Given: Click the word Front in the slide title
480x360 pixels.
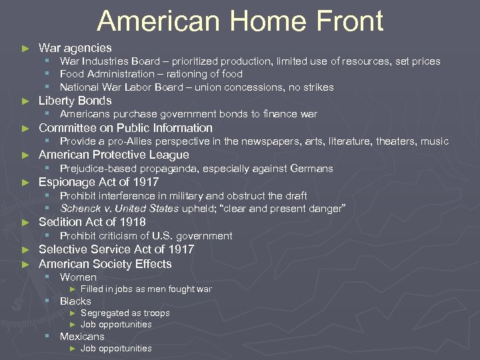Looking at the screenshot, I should click(344, 21).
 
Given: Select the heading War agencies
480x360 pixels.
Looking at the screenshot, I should click(75, 48).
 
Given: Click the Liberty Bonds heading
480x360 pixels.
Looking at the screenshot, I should click(75, 101).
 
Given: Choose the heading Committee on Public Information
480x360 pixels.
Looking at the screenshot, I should click(125, 128).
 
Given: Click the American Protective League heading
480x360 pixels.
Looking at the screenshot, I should click(113, 155).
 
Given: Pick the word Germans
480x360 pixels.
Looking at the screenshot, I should click(311, 169).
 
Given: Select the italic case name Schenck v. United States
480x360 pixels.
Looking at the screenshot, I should click(119, 209).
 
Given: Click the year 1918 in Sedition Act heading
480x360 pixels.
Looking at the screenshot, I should click(131, 222).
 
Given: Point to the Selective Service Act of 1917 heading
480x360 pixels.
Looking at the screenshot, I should click(116, 249).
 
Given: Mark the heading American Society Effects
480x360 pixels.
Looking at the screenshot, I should click(105, 264).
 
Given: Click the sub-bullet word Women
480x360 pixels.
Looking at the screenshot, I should click(78, 277).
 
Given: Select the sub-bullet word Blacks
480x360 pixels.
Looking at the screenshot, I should click(75, 301).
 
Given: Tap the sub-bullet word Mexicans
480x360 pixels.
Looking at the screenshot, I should click(82, 337).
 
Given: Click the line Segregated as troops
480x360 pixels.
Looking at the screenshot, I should click(125, 313).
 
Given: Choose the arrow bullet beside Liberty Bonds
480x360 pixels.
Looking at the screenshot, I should click(25, 101).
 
